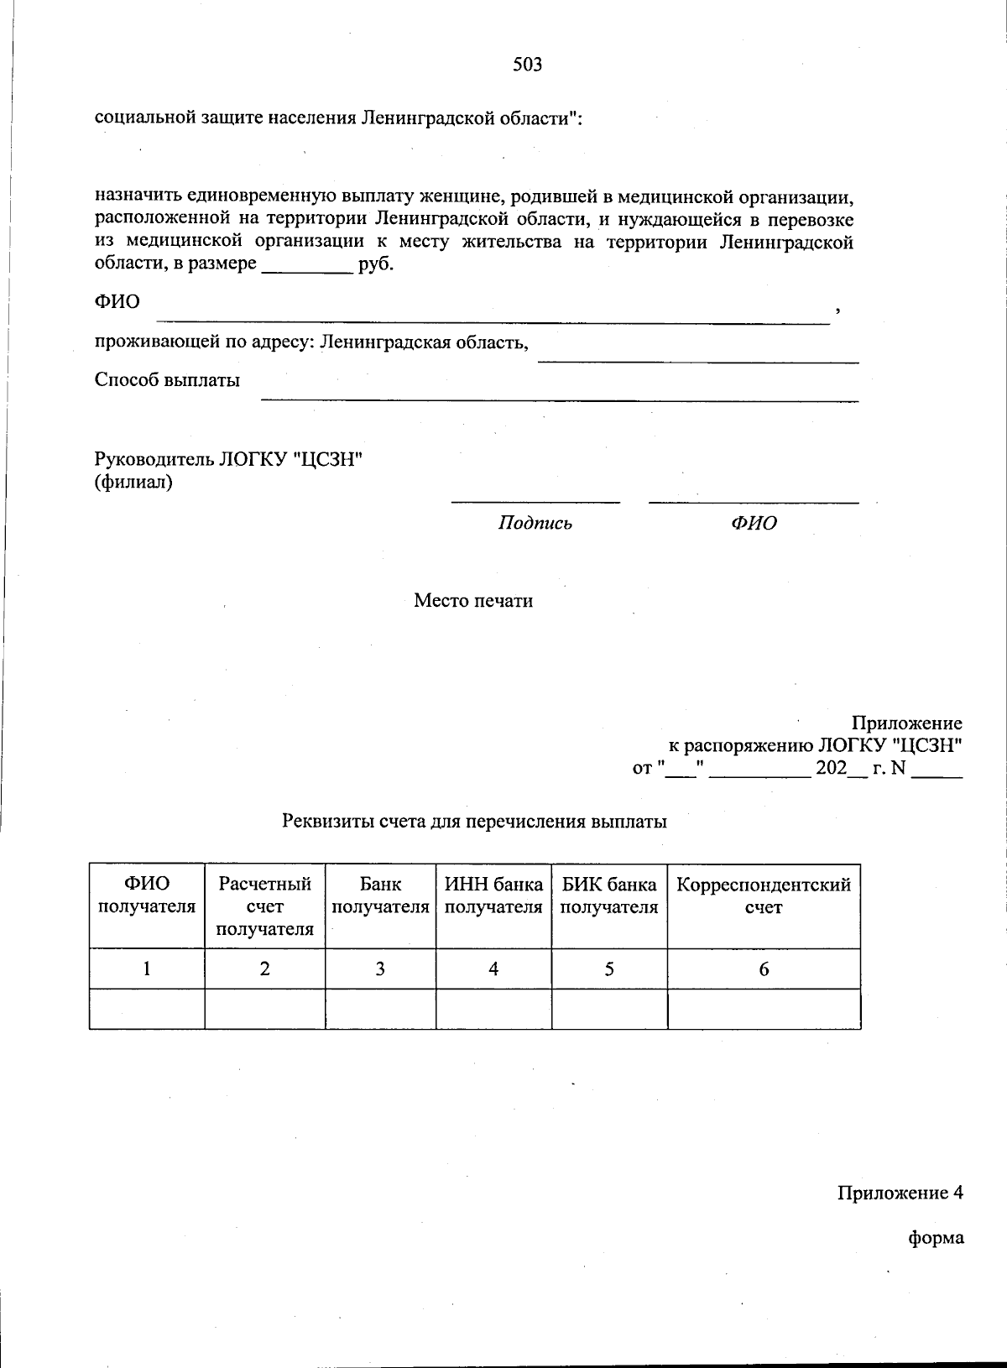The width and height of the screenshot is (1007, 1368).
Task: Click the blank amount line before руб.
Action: coord(307,269)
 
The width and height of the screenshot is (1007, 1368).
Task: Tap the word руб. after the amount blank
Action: coord(376,265)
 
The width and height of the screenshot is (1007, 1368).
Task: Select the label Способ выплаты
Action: coord(167,380)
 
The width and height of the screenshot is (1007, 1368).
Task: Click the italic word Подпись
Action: coord(535,524)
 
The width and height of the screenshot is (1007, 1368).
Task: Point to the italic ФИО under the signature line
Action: coord(754,524)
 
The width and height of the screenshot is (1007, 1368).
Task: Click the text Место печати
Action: coord(473,601)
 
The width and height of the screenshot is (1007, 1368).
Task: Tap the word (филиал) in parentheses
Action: coord(133,483)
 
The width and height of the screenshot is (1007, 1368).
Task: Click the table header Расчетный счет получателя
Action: coord(265,906)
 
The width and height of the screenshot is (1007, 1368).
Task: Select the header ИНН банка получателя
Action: coord(493,895)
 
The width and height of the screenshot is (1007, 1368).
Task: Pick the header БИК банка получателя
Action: coord(609,895)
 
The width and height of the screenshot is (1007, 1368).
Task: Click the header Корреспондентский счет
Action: coord(764,895)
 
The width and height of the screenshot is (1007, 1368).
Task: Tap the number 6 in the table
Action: coord(764,969)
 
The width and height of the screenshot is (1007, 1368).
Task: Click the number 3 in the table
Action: coord(380,969)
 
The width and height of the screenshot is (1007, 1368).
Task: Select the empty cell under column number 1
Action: coord(147,1009)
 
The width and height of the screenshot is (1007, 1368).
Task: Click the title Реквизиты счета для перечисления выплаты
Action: coord(474,822)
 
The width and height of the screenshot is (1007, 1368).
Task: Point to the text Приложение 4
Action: coord(900,1193)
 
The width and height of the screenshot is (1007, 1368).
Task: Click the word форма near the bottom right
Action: coord(936,1238)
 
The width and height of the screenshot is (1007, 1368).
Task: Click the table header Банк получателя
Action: coord(380,895)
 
